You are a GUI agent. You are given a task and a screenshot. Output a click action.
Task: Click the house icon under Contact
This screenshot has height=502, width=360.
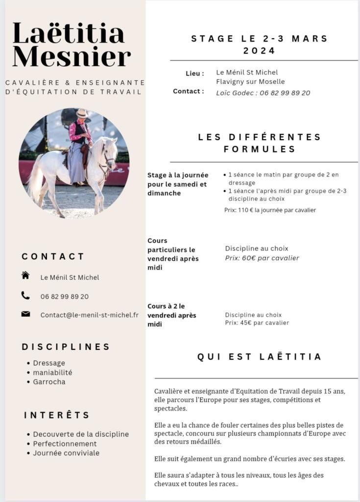click(25, 276)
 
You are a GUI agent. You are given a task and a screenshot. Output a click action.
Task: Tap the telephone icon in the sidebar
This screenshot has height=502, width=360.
click(25, 295)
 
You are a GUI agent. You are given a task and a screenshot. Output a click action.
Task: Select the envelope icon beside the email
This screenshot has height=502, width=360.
click(25, 314)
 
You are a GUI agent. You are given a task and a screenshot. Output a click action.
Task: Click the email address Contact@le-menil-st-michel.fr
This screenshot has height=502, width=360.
click(89, 315)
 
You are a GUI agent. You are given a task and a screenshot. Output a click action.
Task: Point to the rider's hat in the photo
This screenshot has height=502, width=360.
click(82, 114)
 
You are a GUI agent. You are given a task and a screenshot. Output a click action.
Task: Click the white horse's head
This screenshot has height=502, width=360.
click(109, 152)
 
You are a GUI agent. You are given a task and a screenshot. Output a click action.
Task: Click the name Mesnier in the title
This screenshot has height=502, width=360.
click(72, 56)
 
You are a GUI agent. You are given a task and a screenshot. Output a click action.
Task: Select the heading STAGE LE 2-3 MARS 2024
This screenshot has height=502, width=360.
click(260, 44)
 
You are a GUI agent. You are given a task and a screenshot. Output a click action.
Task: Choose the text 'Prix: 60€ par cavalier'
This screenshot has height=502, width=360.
click(262, 258)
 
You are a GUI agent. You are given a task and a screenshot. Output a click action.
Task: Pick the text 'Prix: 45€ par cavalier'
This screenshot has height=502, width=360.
click(257, 323)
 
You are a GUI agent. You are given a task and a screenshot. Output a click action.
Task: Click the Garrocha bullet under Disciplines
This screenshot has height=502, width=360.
click(49, 382)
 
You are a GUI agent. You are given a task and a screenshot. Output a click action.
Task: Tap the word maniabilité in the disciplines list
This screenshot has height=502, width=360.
click(52, 373)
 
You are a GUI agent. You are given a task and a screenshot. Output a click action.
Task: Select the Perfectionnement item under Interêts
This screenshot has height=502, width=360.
click(65, 444)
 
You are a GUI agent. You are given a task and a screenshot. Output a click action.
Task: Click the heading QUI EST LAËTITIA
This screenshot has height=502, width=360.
click(260, 357)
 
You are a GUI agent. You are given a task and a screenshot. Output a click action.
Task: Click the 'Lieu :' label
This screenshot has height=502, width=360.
click(194, 74)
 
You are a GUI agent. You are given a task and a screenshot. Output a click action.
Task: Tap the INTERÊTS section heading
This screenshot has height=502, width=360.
click(57, 415)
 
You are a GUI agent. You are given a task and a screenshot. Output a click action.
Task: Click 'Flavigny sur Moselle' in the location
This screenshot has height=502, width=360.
click(250, 82)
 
